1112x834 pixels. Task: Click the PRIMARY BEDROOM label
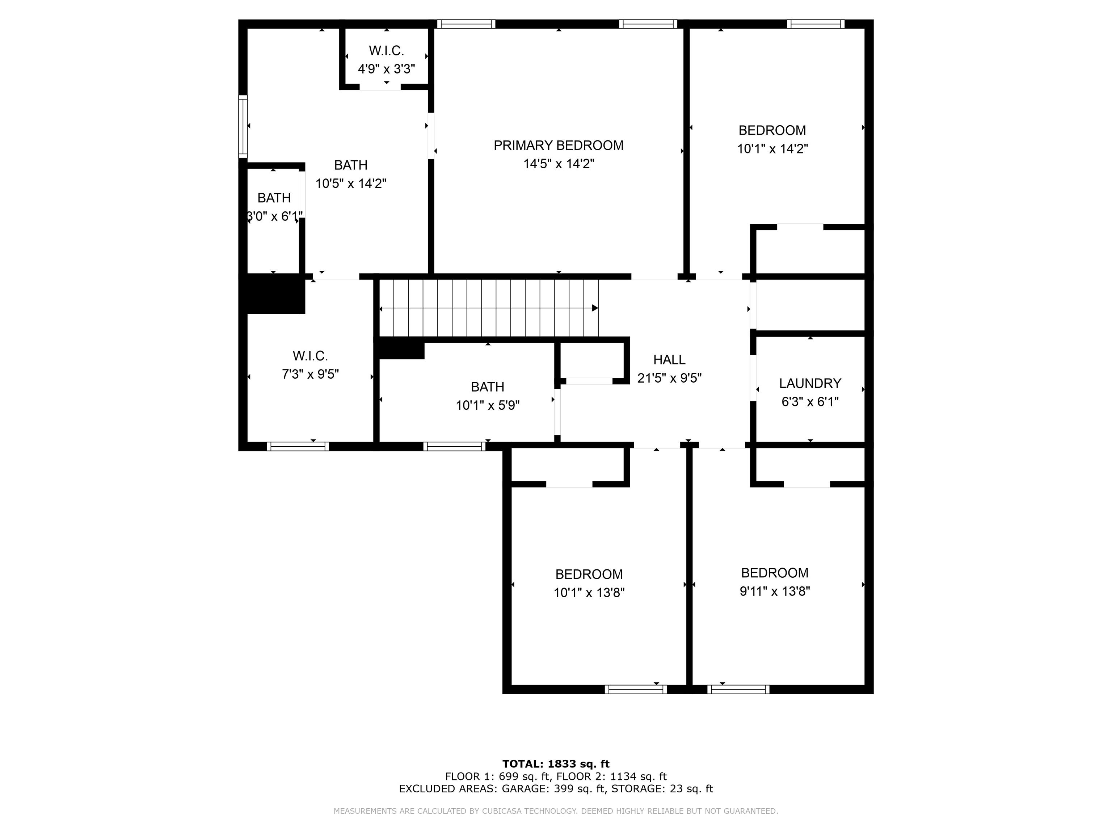tap(559, 145)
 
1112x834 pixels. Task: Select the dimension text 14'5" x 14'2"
tap(559, 164)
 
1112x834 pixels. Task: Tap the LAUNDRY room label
tap(810, 383)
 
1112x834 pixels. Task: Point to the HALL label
tap(669, 359)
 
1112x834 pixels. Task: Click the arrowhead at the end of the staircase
tap(595, 308)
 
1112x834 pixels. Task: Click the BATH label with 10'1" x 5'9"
tap(487, 387)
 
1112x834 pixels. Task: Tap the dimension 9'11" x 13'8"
tap(775, 591)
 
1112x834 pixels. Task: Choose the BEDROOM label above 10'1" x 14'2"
tap(772, 130)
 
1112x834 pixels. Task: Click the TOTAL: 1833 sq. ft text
tap(556, 764)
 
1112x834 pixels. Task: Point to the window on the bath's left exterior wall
tap(243, 127)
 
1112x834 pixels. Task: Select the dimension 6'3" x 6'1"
tap(810, 402)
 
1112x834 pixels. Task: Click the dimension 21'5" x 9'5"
tap(669, 378)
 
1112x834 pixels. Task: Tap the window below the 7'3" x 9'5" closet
tap(298, 446)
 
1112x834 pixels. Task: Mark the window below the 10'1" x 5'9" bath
tap(454, 446)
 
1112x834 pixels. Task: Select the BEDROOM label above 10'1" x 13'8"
tap(589, 574)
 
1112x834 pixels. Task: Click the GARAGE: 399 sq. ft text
tap(553, 789)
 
